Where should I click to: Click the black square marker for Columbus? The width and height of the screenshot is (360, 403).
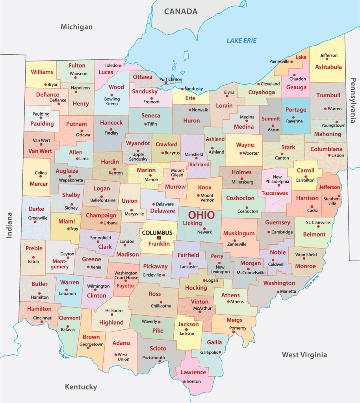tap(159, 238)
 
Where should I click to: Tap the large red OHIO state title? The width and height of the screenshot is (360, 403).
tap(201, 215)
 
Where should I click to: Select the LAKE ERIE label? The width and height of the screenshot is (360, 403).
tap(241, 41)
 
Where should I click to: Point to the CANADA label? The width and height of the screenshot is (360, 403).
tap(181, 11)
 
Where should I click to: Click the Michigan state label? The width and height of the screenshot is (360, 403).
tap(76, 27)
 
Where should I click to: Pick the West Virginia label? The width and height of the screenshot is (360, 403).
tap(304, 355)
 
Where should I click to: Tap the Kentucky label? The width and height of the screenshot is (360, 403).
tap(81, 387)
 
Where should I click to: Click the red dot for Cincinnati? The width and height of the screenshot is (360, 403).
tap(42, 322)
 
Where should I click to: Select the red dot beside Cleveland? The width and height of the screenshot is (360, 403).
tap(258, 84)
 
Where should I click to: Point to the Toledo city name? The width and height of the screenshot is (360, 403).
tap(111, 65)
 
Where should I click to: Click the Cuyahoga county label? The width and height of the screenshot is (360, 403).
tap(262, 92)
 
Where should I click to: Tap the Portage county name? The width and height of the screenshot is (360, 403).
tap(295, 110)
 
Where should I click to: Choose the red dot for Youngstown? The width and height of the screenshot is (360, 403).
tap(336, 122)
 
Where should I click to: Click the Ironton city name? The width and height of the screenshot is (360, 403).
tap(193, 381)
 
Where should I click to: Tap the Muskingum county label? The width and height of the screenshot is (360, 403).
tap(239, 233)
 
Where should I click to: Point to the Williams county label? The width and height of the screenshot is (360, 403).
tap(42, 72)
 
